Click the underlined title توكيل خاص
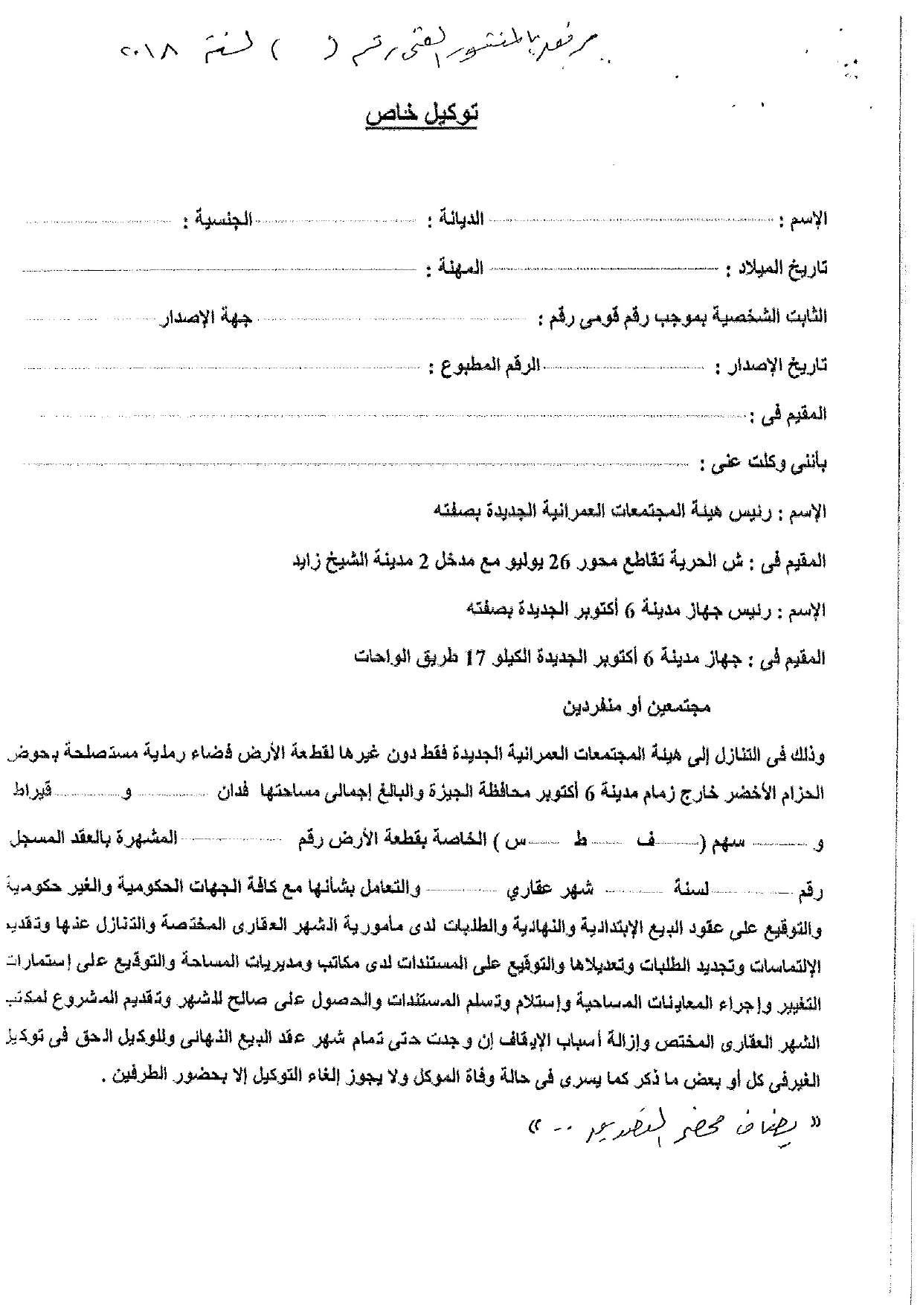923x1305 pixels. click(x=421, y=115)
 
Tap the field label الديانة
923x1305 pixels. click(x=457, y=219)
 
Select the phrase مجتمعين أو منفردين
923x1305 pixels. click(x=635, y=706)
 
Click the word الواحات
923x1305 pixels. click(x=379, y=658)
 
